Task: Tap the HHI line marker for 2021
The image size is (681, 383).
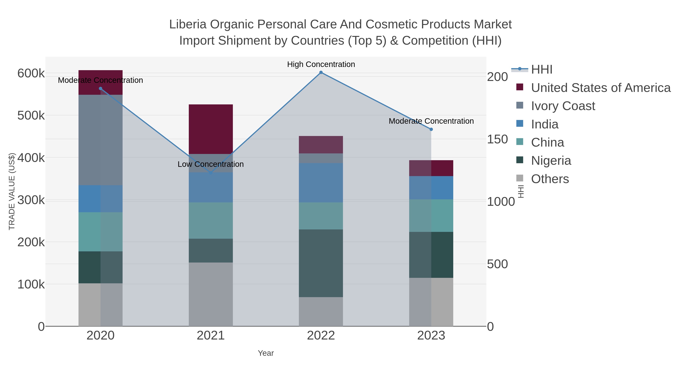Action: tap(211, 173)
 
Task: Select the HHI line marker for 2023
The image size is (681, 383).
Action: tap(431, 129)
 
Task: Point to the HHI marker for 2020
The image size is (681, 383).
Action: tap(100, 89)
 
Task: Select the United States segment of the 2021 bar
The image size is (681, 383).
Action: tap(211, 129)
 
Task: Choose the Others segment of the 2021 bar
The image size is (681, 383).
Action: tap(211, 294)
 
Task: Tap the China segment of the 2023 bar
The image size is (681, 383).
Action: tap(431, 215)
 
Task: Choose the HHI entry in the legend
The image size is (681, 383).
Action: tap(541, 70)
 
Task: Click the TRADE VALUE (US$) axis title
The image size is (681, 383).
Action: tap(12, 191)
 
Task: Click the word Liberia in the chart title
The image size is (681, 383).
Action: tap(187, 24)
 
